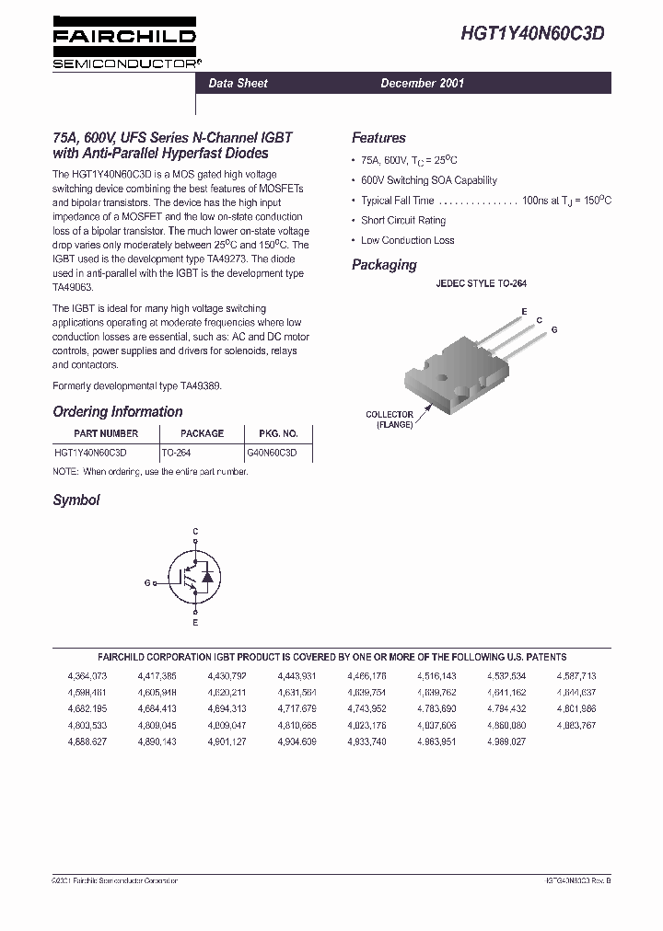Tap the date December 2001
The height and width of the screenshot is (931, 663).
[423, 84]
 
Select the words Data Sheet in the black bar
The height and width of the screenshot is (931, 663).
[238, 84]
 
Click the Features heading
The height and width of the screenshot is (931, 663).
[378, 138]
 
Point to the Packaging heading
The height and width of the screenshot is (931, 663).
[384, 265]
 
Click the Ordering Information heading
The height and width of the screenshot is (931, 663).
[118, 412]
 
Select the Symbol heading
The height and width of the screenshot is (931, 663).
[76, 500]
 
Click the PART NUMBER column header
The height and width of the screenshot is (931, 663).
[106, 433]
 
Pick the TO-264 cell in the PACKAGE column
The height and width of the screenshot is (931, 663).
[179, 453]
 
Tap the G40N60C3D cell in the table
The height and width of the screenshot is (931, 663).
[272, 453]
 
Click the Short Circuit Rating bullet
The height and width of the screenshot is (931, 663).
[402, 221]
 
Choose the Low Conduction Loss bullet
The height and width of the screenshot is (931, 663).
[407, 241]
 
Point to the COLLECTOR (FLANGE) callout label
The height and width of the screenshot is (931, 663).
[390, 420]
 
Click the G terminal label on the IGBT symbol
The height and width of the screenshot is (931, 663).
[147, 583]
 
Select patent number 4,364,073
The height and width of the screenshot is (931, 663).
[87, 676]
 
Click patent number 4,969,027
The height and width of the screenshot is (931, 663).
[506, 741]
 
